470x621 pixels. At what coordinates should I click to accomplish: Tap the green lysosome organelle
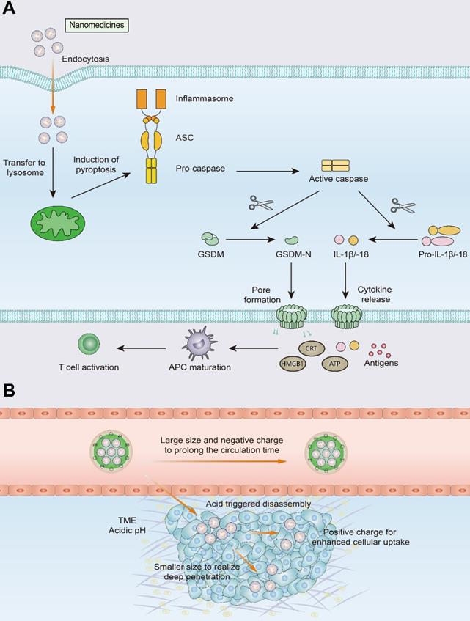[56, 222]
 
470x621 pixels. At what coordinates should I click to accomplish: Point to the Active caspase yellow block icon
[337, 167]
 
